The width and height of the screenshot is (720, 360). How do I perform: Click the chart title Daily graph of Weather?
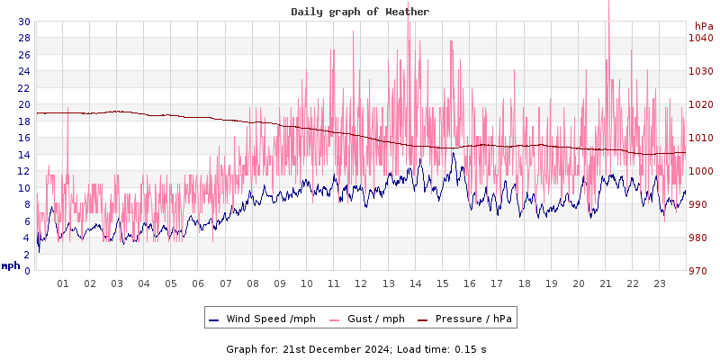coord(360,12)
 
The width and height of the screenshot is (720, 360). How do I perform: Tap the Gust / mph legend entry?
coord(376,319)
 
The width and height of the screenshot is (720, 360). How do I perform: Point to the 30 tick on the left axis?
coord(23,22)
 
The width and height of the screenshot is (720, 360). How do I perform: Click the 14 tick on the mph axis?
coord(23,155)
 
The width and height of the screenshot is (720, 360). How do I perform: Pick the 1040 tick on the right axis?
coord(701,38)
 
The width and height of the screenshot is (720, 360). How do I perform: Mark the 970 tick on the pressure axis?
coord(701,271)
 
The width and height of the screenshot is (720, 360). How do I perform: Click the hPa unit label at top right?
coord(704,26)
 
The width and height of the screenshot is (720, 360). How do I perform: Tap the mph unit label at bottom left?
coord(11,266)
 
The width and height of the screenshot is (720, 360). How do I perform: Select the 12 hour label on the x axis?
coord(361,283)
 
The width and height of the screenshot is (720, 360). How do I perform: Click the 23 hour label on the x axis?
coord(659,283)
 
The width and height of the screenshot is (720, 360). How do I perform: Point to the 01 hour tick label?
coord(63,283)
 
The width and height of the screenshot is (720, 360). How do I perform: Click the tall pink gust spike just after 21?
coord(609,9)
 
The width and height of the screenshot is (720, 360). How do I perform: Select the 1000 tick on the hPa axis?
coord(701,171)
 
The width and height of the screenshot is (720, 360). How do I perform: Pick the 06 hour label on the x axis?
coord(198,283)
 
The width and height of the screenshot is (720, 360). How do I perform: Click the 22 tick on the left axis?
coord(23,88)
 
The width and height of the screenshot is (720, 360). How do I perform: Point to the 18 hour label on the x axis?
coord(524,283)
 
